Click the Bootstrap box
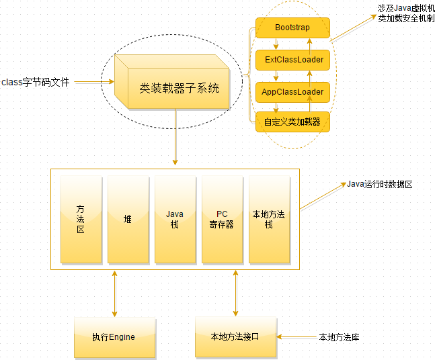pos(292,28)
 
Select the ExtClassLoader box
pos(293,60)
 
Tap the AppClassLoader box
pos(293,91)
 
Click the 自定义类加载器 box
pos(292,122)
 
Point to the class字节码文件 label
pos(35,83)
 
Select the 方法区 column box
pos(80,220)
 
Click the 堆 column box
pos(127,220)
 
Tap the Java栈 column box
pos(174,220)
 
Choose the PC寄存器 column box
pos(221,220)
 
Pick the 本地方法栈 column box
pos(268,220)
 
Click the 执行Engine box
pos(114,336)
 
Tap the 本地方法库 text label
pos(339,336)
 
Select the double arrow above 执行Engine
pos(114,294)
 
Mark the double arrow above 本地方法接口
pos(235,294)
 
